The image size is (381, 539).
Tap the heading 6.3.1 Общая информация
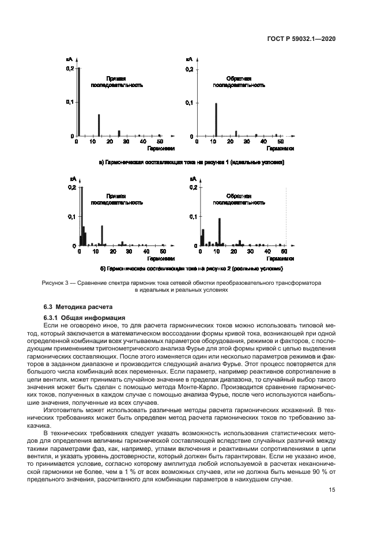pos(80,318)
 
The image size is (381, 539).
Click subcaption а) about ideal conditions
pos(191,163)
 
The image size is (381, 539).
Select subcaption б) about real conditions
pos(191,269)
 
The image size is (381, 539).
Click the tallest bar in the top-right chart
pos(216,119)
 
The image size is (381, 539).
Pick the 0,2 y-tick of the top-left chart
pos(70,69)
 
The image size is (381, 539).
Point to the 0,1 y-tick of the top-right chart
pos(189,102)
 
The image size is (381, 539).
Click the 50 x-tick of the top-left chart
pos(160,141)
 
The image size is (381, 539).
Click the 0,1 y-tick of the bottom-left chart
pos(72,216)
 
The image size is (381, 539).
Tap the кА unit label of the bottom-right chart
pos(194,180)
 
